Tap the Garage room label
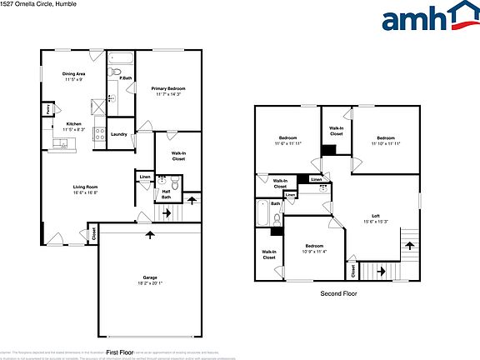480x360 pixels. (150, 277)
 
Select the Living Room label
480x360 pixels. (86, 187)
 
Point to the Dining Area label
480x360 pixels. (74, 74)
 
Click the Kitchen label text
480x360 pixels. (73, 124)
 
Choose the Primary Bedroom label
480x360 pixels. (167, 88)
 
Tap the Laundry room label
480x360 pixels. (118, 134)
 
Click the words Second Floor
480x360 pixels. (339, 294)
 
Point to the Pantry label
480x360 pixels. (49, 108)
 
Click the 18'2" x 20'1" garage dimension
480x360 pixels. (150, 283)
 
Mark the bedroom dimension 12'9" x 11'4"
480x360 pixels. (313, 252)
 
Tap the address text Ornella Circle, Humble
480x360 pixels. (42, 4)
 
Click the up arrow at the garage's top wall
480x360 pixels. (151, 234)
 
